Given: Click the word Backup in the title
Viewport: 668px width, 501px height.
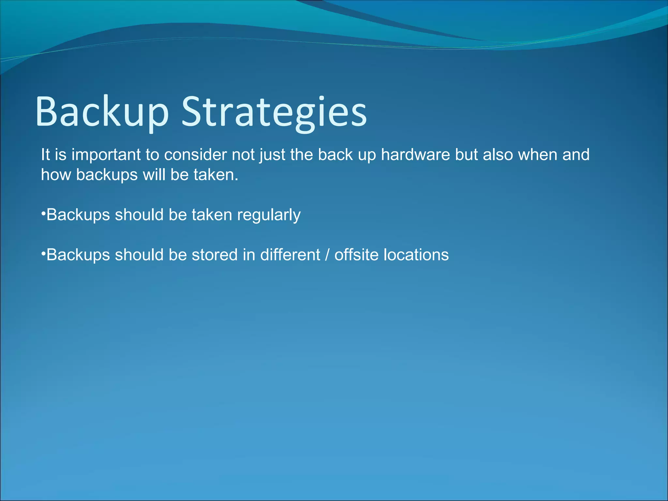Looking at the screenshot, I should pyautogui.click(x=102, y=112).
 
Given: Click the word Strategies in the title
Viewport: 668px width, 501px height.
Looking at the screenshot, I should pyautogui.click(x=274, y=112).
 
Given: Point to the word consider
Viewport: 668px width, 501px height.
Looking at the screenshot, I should pyautogui.click(x=195, y=155).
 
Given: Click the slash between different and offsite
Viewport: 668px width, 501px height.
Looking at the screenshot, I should pyautogui.click(x=327, y=255).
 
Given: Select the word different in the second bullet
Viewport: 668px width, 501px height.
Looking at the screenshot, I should pyautogui.click(x=290, y=255).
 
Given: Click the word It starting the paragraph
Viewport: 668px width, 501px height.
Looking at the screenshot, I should pyautogui.click(x=45, y=155).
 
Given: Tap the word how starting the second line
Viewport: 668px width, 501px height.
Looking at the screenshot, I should pyautogui.click(x=56, y=175).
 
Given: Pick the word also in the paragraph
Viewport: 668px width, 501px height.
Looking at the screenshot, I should pyautogui.click(x=498, y=155).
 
